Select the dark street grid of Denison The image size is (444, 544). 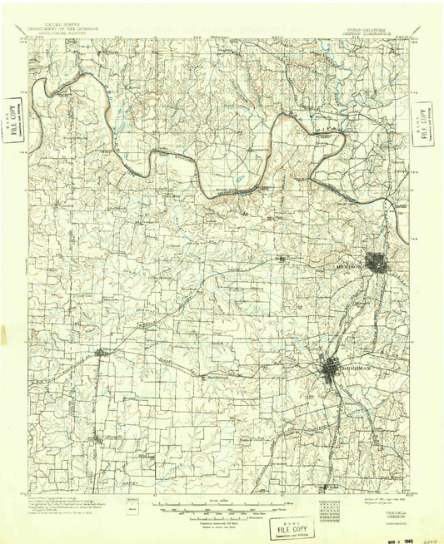pos(377,263)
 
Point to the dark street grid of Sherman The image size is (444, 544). pos(336,367)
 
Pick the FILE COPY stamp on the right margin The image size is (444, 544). pos(423,122)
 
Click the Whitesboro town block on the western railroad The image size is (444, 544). pos(100,353)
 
